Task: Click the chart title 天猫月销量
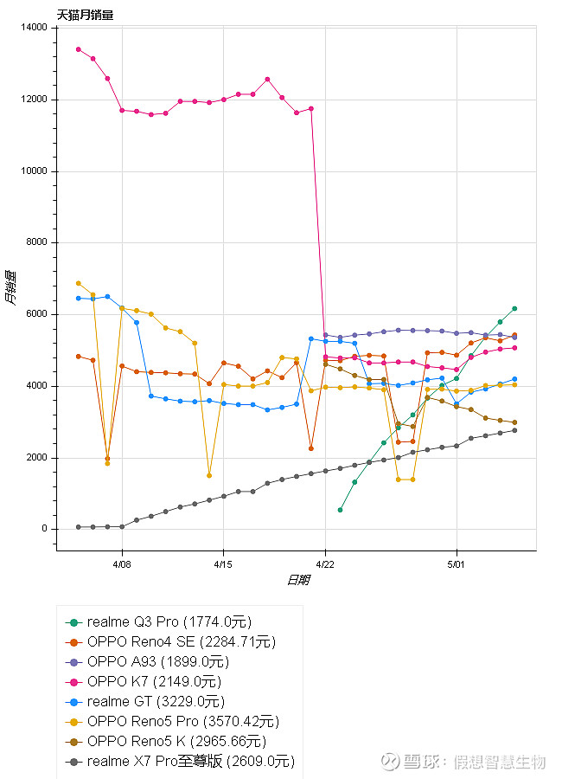coord(85,15)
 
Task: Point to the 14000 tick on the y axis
coord(35,28)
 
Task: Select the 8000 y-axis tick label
coord(37,243)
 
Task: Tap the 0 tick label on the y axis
coord(46,530)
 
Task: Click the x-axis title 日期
coord(297,580)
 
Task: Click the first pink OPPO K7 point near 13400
coord(78,49)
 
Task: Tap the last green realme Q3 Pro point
coord(514,308)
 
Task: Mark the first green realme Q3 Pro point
coord(340,510)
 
